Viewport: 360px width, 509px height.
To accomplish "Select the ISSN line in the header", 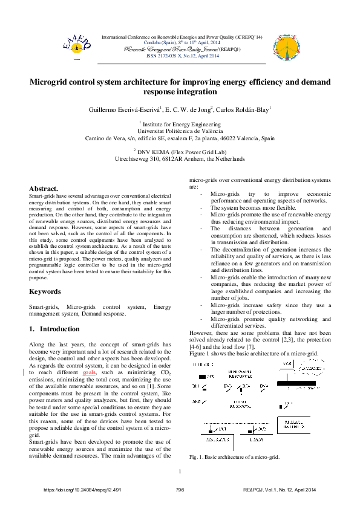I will point(183,56).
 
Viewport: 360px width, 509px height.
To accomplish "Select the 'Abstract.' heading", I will point(44,189).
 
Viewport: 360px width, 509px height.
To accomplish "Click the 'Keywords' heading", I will point(45,291).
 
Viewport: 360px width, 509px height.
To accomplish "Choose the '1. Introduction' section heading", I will point(54,329).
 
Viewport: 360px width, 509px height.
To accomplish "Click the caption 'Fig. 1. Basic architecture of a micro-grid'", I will point(234,458).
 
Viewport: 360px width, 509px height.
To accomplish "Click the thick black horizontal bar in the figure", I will point(303,383).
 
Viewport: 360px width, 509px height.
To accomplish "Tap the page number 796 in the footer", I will point(180,490).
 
